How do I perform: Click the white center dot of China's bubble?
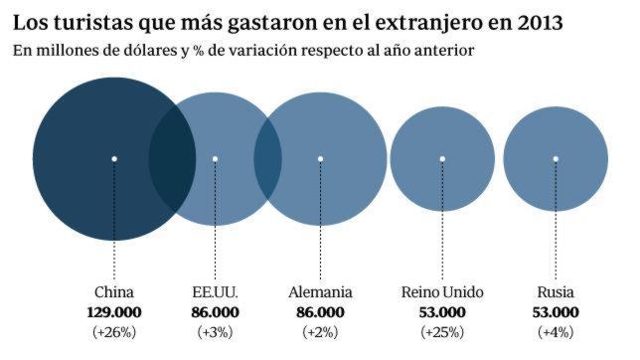tap(114, 158)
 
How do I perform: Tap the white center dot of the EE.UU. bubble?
tap(216, 158)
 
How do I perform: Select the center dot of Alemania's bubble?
tap(320, 158)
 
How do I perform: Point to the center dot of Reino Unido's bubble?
tap(441, 158)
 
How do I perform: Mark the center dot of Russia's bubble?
tap(556, 158)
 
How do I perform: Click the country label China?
tap(113, 293)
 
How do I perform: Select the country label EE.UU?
tap(216, 293)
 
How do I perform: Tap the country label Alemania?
tap(320, 293)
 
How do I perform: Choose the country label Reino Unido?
tap(441, 293)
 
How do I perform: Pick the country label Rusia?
tap(556, 293)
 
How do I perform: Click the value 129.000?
tap(113, 312)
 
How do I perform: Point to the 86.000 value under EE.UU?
tap(216, 312)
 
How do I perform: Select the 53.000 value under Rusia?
tap(556, 312)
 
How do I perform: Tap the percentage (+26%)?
tap(113, 331)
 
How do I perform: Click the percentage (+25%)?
tap(441, 331)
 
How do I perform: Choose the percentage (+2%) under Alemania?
tap(320, 331)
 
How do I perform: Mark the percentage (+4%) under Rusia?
tap(556, 331)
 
